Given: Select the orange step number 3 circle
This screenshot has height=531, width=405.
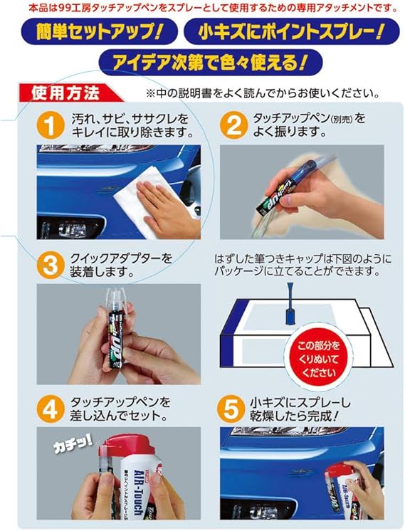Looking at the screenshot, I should click(x=49, y=265).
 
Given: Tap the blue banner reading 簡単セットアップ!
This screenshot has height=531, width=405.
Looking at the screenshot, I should click(x=97, y=33).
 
